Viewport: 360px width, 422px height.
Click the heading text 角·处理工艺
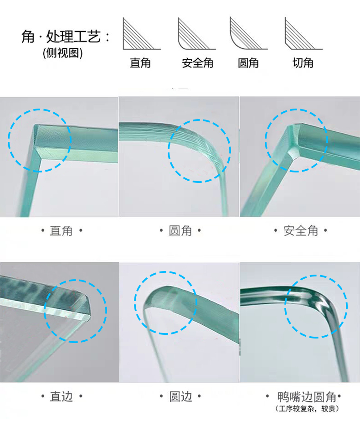(x=65, y=36)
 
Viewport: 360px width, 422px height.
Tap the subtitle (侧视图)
(x=62, y=53)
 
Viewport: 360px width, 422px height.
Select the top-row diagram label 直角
(x=140, y=63)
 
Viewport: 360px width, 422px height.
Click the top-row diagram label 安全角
(x=198, y=63)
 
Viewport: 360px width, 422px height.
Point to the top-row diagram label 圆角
(x=248, y=63)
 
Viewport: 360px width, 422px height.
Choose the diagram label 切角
(x=303, y=63)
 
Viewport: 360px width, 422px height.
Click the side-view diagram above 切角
(x=303, y=34)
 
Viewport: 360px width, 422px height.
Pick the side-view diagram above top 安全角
(x=196, y=34)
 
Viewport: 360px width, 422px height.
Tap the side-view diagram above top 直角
(x=142, y=34)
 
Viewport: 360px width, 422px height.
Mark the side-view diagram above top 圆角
(x=249, y=33)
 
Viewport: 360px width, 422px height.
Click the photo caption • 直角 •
(x=62, y=231)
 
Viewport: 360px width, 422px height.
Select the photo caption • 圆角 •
(x=180, y=231)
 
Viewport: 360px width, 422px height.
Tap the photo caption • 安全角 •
(x=301, y=231)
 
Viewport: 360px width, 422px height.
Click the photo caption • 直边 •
(x=62, y=396)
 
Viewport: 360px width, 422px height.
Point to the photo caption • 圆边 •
(x=180, y=396)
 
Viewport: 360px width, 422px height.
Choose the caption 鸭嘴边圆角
(x=307, y=397)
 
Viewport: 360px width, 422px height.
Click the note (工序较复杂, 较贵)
(x=307, y=409)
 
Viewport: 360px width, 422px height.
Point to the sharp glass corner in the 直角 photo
(x=36, y=125)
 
